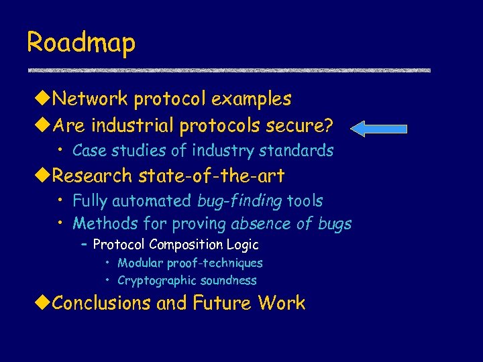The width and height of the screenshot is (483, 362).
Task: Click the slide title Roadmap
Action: [81, 43]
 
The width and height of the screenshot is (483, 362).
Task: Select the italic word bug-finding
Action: [239, 200]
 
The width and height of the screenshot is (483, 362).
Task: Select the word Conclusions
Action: [101, 303]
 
